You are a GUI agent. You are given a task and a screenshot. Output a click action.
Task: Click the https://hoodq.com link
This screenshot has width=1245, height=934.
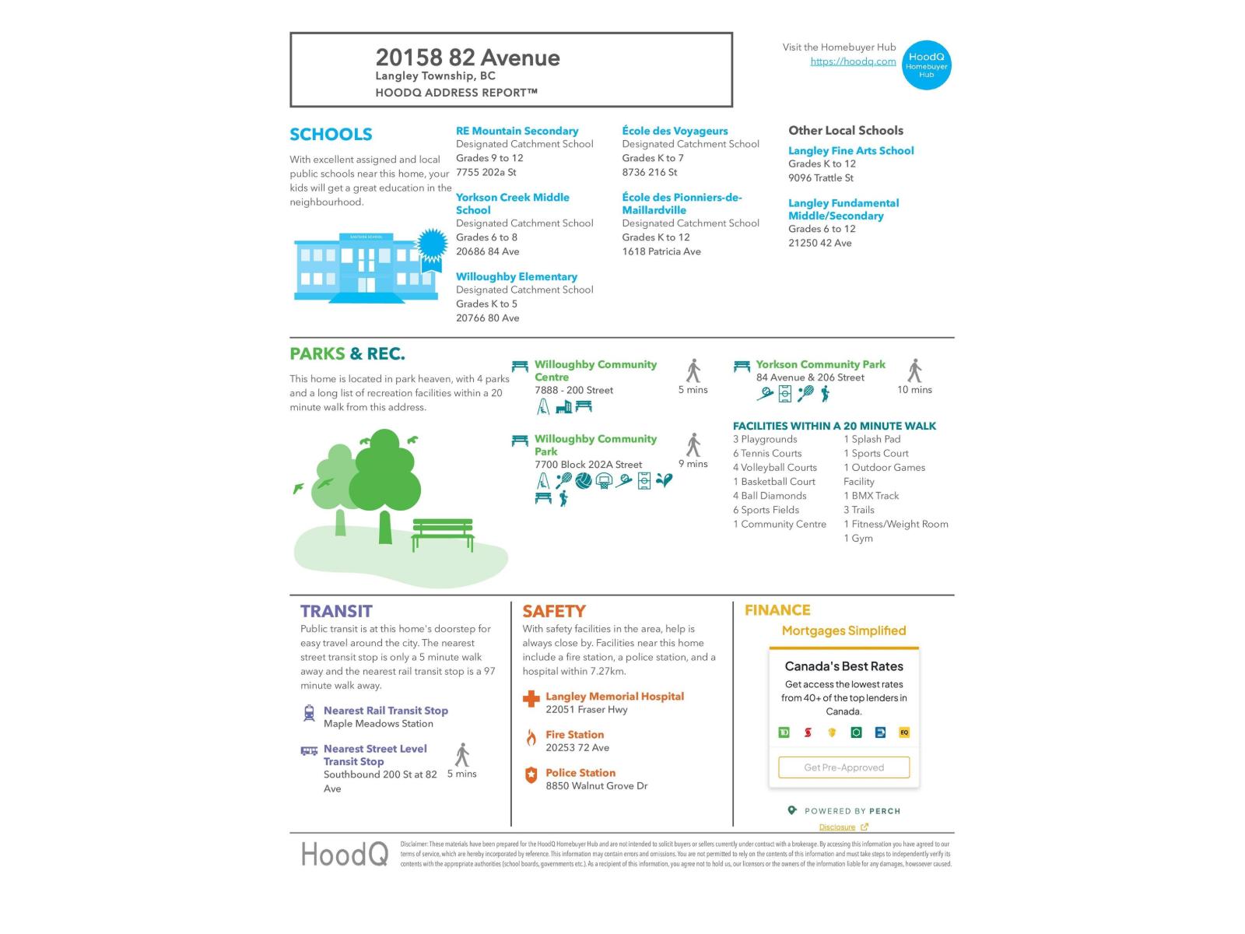click(853, 61)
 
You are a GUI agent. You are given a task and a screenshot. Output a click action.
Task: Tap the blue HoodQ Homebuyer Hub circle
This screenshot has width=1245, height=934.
click(926, 65)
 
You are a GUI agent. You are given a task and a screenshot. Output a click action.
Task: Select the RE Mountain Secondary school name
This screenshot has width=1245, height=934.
click(517, 131)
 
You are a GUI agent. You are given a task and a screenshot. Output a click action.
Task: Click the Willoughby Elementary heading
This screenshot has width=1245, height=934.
click(516, 276)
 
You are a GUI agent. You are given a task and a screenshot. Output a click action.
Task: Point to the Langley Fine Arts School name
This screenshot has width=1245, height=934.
click(850, 150)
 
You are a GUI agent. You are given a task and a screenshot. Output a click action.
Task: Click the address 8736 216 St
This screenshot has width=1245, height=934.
click(649, 172)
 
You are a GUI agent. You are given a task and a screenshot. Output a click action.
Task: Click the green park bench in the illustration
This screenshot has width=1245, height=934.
click(442, 534)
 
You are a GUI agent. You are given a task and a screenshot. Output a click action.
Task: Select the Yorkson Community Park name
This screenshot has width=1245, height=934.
click(820, 364)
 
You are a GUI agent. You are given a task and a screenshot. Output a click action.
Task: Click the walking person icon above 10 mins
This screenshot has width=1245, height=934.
click(915, 370)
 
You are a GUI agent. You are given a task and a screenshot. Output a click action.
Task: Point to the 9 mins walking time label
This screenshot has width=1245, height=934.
click(693, 464)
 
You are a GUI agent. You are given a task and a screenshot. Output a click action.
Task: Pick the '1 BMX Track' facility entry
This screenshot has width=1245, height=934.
click(871, 496)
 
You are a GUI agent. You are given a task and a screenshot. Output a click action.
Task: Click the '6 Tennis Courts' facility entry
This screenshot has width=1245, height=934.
click(766, 453)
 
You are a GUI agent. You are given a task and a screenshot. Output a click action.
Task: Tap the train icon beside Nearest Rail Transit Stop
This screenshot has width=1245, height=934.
click(309, 713)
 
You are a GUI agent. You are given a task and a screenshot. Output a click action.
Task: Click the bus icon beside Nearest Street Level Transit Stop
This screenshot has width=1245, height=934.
click(309, 751)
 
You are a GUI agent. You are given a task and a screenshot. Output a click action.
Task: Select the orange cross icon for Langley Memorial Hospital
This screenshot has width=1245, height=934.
click(531, 699)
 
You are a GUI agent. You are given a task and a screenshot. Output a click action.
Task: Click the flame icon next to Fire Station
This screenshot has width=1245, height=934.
click(531, 738)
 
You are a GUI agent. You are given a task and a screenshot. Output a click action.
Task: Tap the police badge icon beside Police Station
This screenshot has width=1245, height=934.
click(531, 775)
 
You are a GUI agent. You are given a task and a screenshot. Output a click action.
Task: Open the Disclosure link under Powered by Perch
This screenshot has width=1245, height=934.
click(837, 827)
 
